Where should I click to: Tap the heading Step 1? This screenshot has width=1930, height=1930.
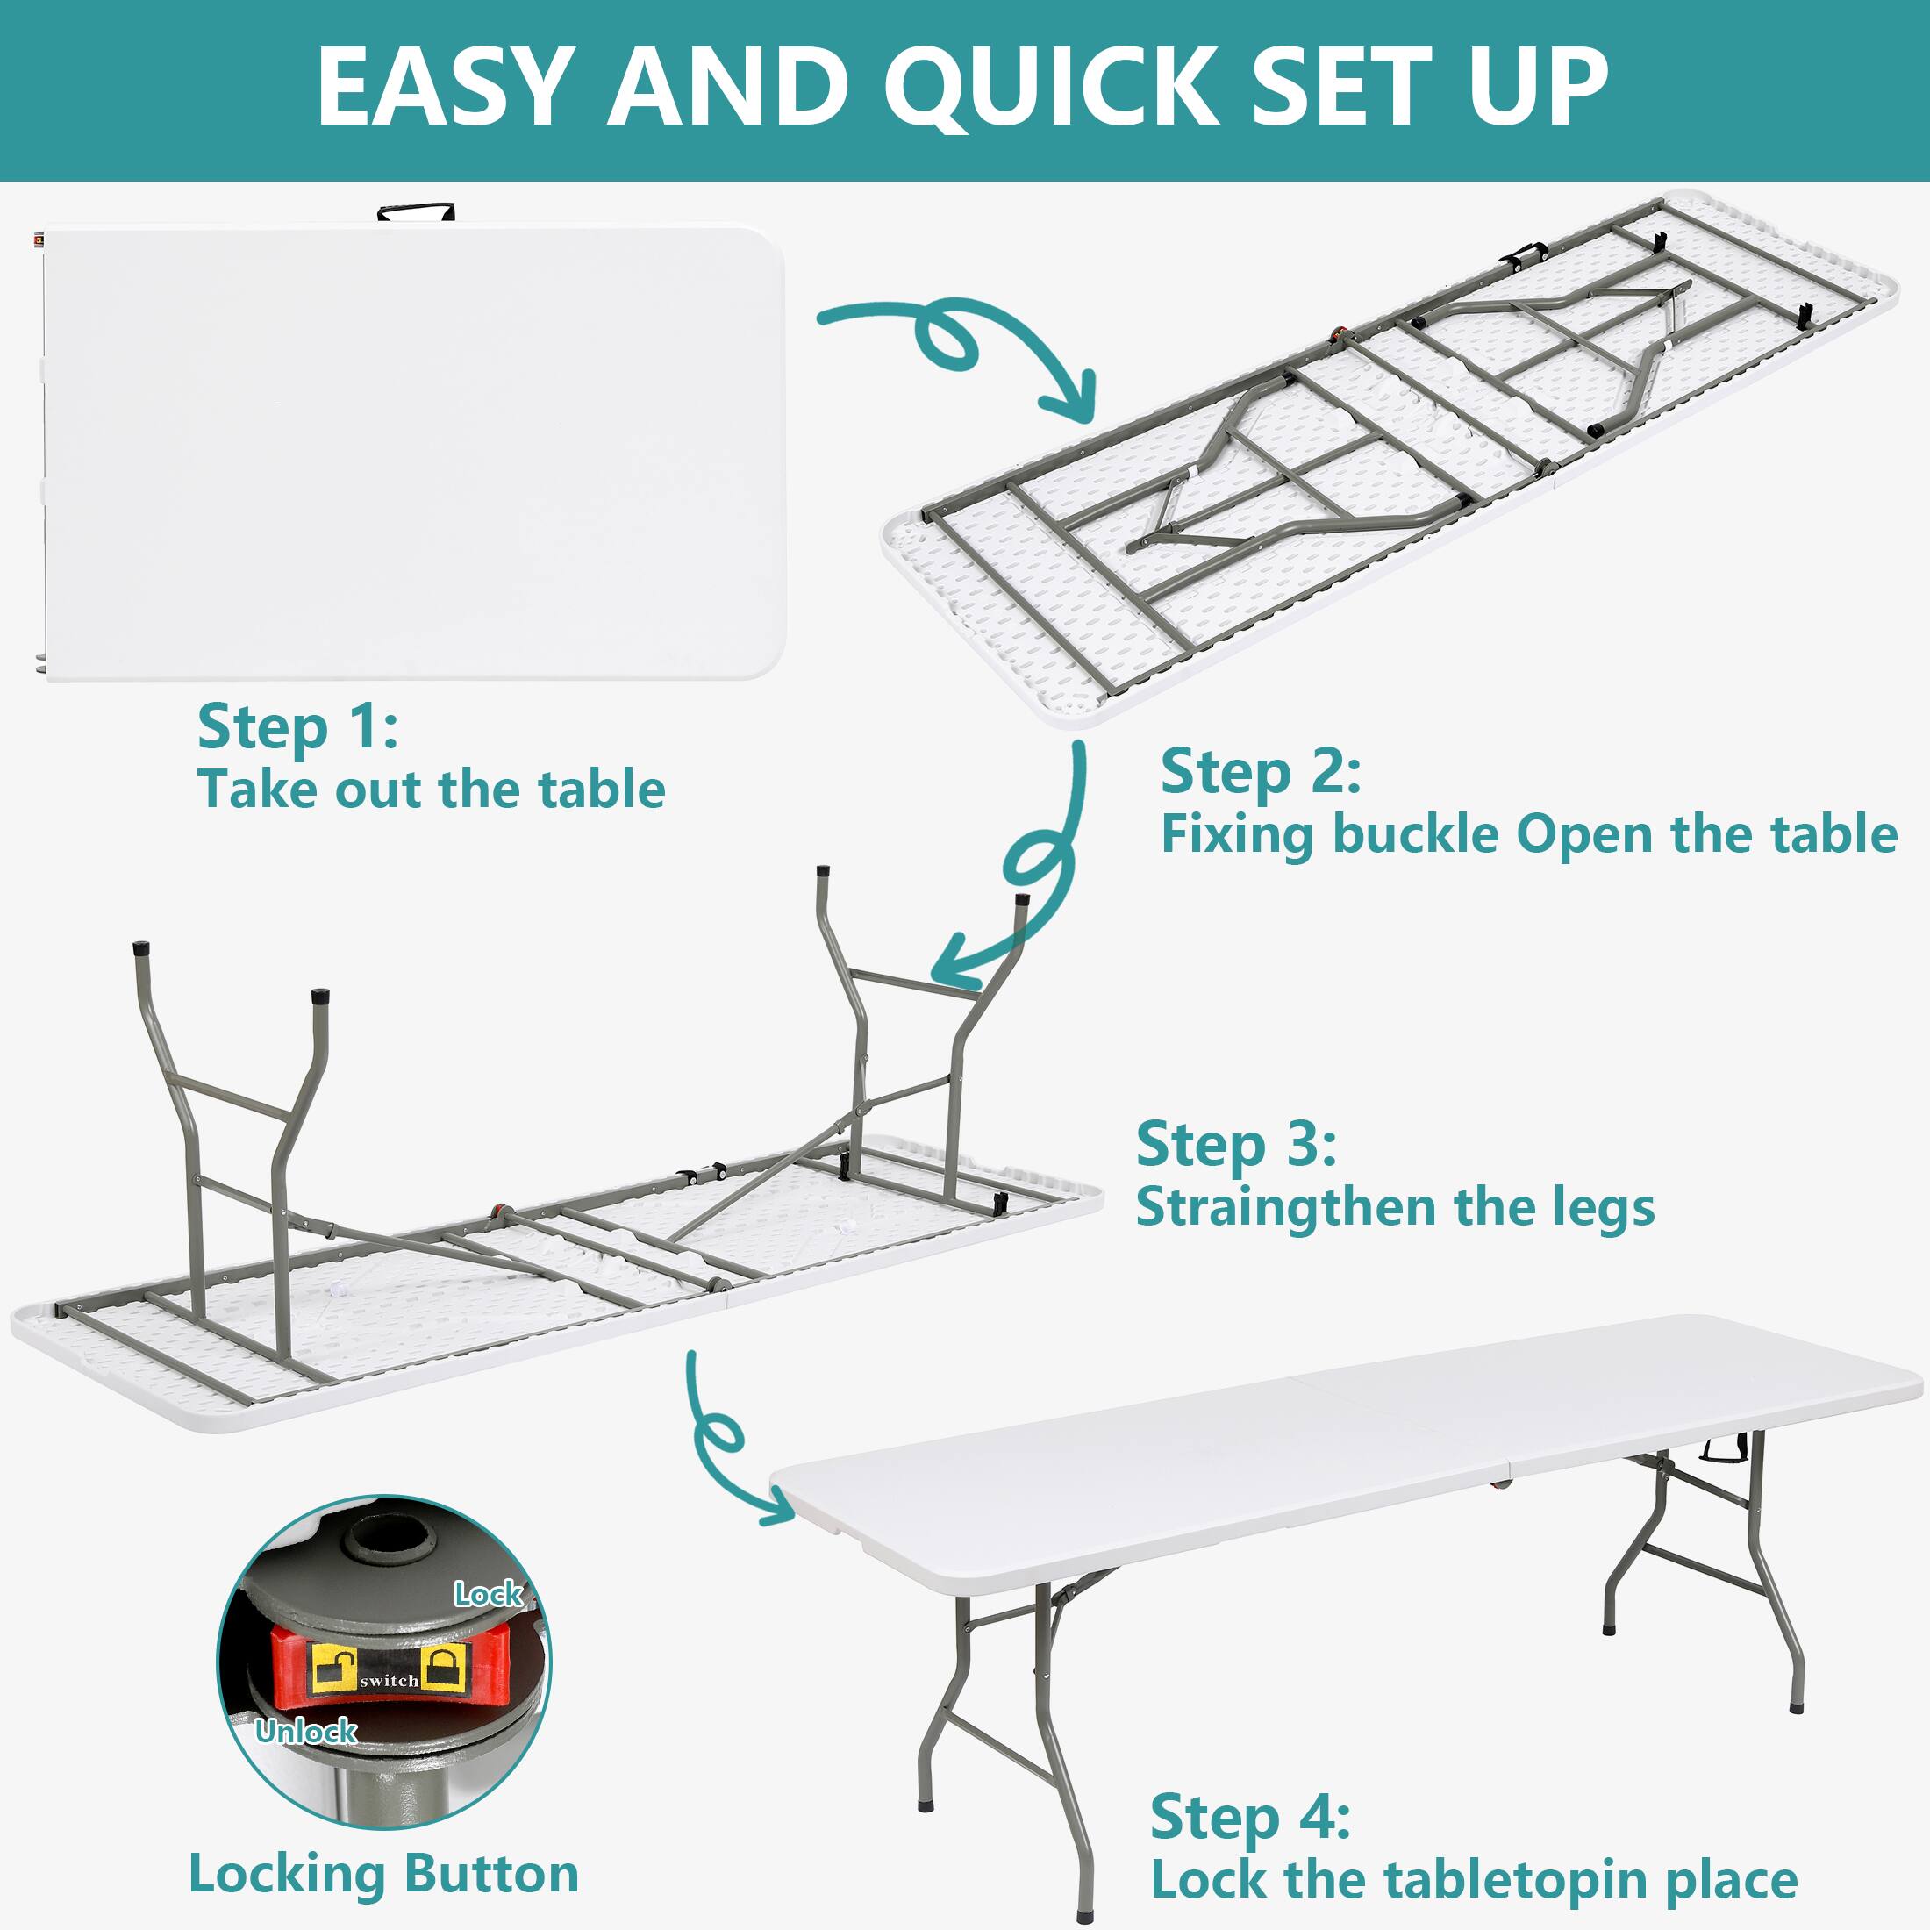(297, 726)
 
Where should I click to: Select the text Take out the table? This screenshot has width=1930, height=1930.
(431, 790)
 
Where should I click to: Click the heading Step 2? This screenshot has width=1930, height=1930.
(1260, 772)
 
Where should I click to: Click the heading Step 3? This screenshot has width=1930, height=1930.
(1236, 1144)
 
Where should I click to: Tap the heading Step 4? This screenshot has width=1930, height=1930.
(1250, 1816)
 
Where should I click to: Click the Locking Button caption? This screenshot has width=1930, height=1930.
(383, 1874)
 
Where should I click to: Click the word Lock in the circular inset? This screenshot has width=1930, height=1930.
(488, 1593)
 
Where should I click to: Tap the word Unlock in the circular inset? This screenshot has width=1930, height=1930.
(305, 1731)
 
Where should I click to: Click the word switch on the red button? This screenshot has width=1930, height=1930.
(389, 1681)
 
